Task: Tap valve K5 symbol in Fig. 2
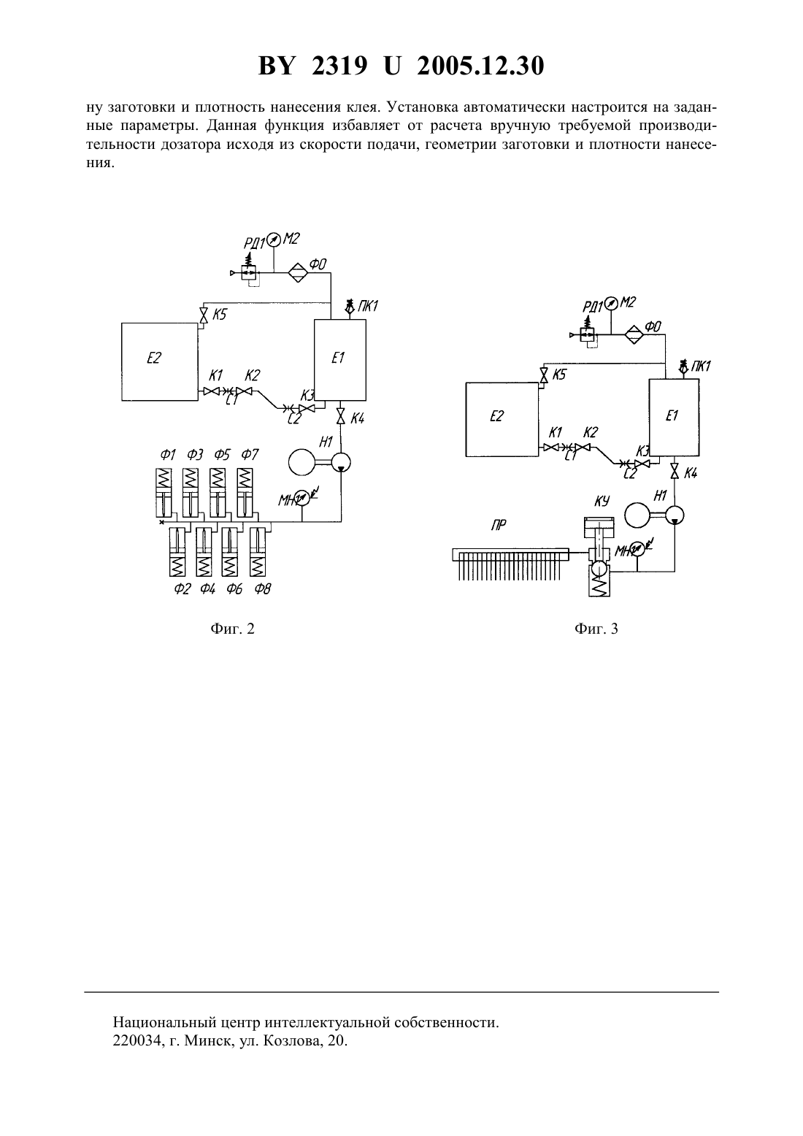[x=204, y=315]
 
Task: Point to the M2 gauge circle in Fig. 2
[x=274, y=239]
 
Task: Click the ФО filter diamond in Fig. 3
[x=634, y=334]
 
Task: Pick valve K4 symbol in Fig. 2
[x=341, y=418]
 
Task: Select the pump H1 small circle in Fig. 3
[x=675, y=515]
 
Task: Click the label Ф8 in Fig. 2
[x=263, y=588]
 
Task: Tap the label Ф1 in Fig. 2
[x=168, y=454]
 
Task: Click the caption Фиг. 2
[x=232, y=629]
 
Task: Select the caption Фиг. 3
[x=596, y=629]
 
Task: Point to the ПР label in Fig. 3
[x=499, y=525]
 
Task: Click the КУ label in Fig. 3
[x=602, y=501]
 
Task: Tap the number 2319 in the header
[x=339, y=66]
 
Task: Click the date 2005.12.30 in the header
[x=480, y=66]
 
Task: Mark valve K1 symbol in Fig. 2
[x=211, y=391]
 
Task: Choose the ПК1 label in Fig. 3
[x=701, y=366]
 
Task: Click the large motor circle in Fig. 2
[x=302, y=461]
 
